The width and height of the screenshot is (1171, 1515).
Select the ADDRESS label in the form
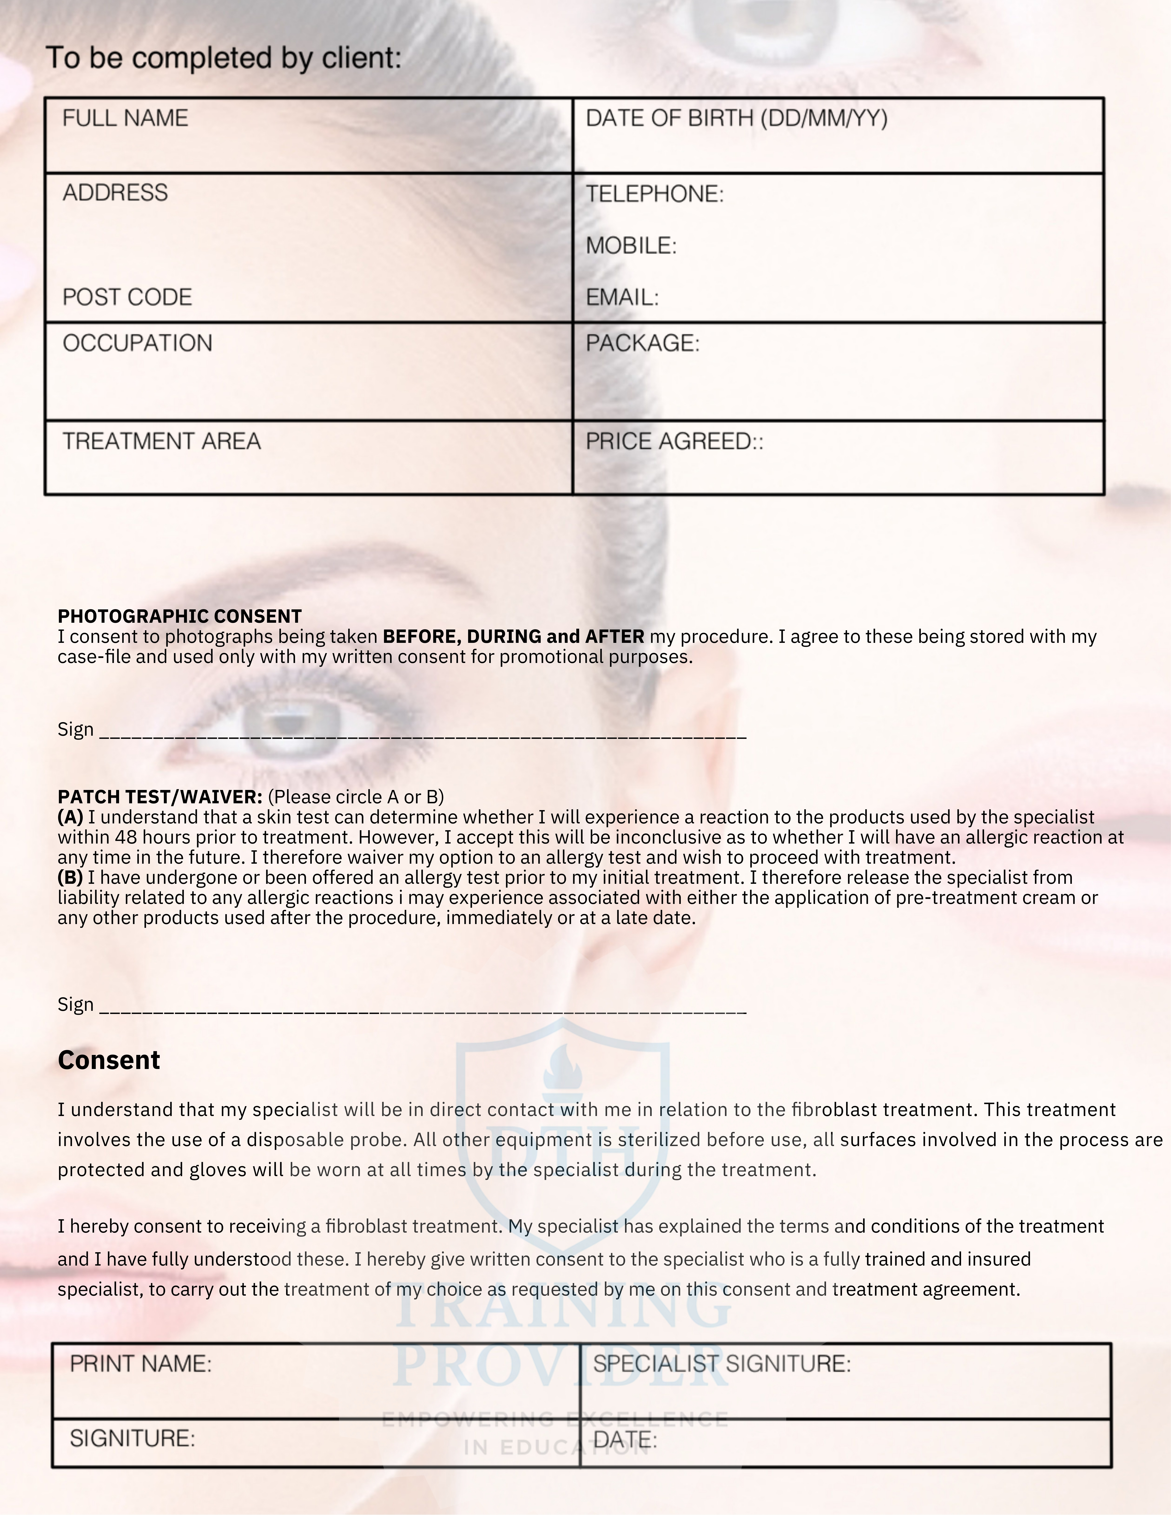115,193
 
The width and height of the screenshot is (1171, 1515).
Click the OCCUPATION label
137,343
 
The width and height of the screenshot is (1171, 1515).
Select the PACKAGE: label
642,343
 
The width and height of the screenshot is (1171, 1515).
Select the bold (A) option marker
70,817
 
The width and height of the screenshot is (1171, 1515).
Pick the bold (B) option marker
70,877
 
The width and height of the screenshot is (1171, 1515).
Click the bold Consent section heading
109,1060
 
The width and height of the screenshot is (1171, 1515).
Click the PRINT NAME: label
140,1364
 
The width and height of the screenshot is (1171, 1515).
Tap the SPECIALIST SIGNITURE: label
722,1364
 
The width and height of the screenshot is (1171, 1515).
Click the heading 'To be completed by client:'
223,58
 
